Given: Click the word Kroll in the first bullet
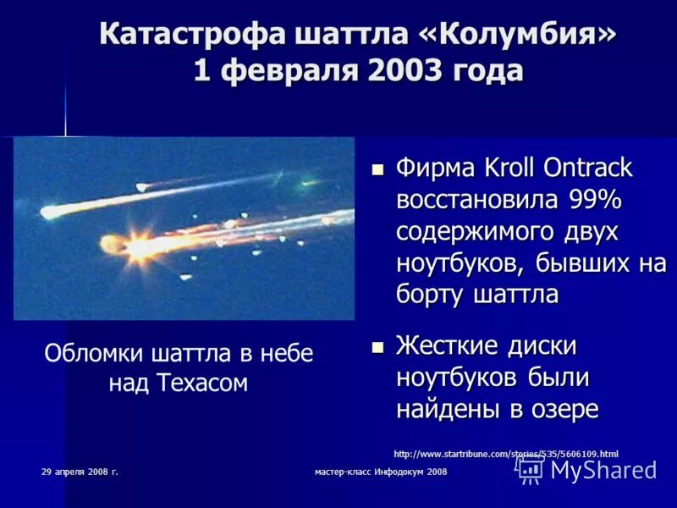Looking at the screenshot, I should pos(513,168).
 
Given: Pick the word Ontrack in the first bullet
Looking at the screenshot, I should pos(591,168).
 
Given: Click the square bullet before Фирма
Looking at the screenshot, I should pos(378,169).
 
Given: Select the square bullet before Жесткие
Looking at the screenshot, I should pos(378,347).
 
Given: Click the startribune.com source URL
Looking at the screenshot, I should pos(506,454).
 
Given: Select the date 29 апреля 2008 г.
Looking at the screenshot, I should pos(80,471).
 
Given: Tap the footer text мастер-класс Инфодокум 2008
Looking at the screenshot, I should pos(380,471).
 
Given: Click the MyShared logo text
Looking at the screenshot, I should pos(603,470).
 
